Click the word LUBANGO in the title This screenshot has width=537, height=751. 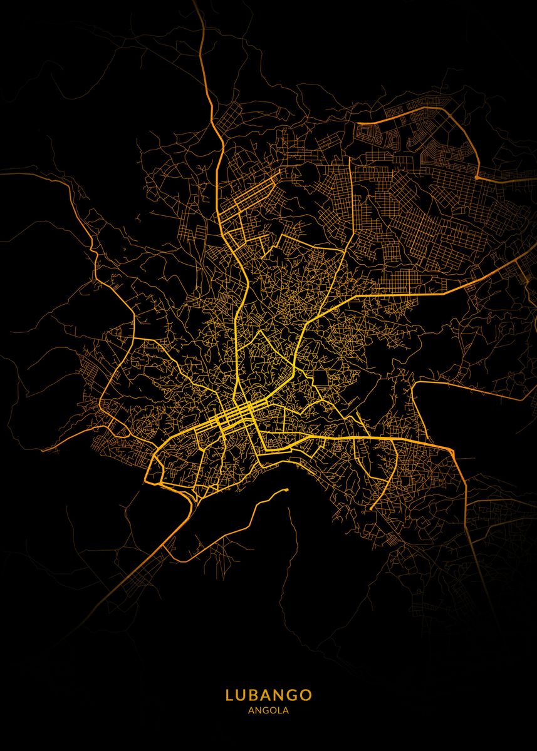click(268, 695)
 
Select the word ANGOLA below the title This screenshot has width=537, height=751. click(268, 710)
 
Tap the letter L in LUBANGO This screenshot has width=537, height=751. click(229, 695)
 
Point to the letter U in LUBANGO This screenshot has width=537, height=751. click(242, 695)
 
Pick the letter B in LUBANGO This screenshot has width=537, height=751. click(255, 695)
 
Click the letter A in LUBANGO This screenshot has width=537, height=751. click(268, 695)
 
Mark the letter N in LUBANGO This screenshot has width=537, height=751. click(281, 695)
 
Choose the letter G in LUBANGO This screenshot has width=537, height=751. click(294, 695)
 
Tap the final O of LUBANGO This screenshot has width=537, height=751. click(307, 695)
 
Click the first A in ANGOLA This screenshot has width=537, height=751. click(251, 710)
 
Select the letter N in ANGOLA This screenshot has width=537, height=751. click(258, 710)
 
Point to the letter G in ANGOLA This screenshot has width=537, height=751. click(265, 710)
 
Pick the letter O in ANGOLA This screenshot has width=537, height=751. click(273, 710)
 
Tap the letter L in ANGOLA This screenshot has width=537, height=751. click(279, 710)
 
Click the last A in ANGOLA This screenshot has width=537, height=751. click(285, 710)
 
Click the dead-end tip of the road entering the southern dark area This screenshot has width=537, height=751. click(286, 489)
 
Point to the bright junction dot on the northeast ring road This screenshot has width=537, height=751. click(477, 178)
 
